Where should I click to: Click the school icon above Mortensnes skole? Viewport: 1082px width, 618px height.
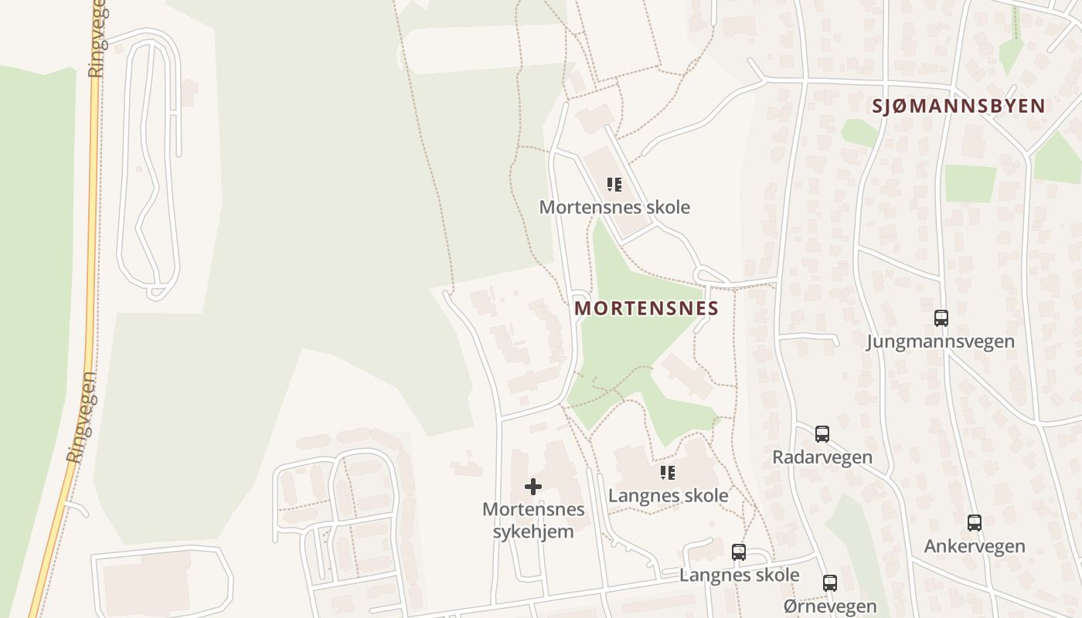click(614, 185)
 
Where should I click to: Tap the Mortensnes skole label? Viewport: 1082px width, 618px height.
click(614, 207)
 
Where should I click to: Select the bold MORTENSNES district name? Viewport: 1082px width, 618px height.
click(646, 308)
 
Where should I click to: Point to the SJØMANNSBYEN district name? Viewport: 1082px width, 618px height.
click(958, 106)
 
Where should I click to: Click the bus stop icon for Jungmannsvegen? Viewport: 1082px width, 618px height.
click(941, 317)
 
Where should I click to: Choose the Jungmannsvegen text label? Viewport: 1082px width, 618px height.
click(940, 341)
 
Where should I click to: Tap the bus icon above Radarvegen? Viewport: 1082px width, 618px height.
click(822, 433)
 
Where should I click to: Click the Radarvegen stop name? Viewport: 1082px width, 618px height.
click(822, 457)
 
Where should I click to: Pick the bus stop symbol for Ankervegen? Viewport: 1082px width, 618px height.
click(975, 522)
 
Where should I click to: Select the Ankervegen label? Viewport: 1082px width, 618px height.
click(975, 546)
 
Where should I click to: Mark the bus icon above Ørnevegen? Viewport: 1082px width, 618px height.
click(830, 582)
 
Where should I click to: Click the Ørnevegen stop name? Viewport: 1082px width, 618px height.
click(830, 606)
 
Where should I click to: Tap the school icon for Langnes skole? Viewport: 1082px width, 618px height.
click(668, 472)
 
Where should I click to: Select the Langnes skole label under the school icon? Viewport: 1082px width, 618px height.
click(668, 495)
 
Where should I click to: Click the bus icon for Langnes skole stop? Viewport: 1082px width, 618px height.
click(739, 552)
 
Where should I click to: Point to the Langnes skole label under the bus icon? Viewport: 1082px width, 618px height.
click(739, 575)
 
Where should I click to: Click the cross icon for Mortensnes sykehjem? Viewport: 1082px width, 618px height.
click(533, 487)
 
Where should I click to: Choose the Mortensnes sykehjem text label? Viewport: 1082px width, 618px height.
click(533, 520)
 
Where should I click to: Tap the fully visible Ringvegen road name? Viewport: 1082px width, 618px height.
click(82, 417)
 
